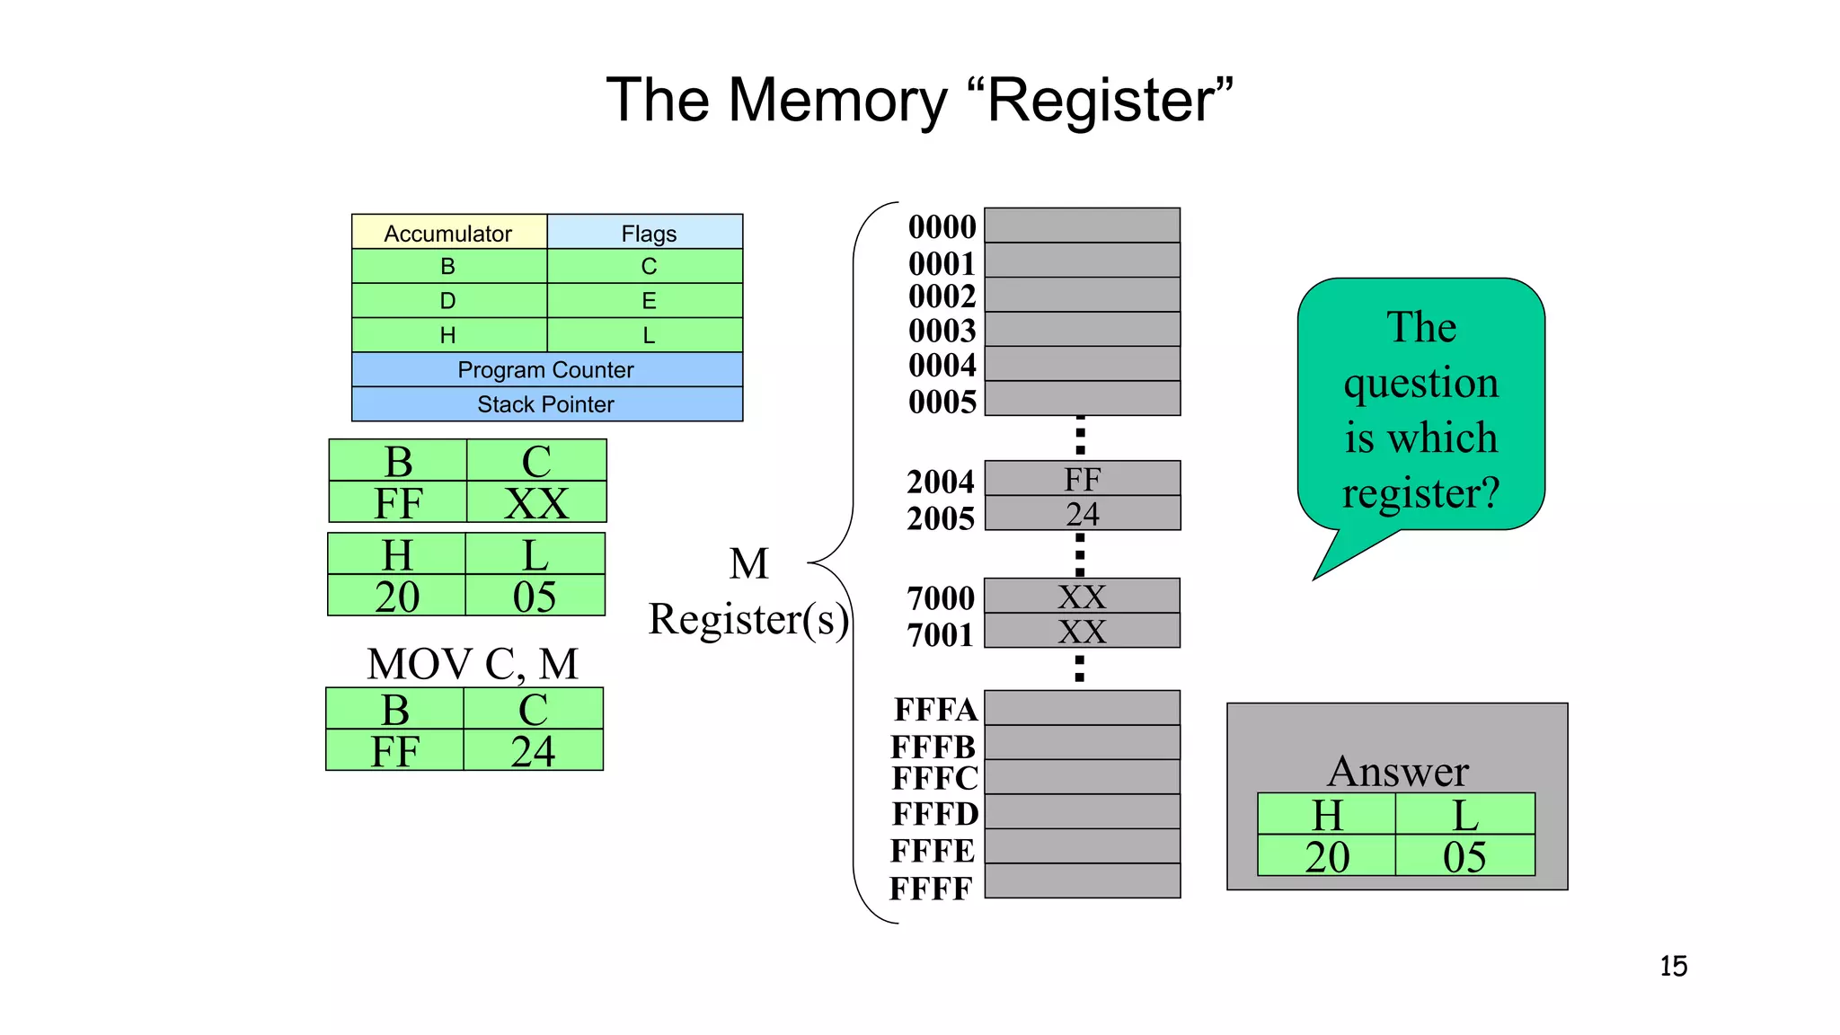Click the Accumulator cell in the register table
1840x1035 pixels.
[448, 233]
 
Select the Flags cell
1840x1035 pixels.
[648, 233]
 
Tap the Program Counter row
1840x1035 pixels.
[546, 369]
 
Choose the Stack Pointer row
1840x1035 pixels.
[546, 404]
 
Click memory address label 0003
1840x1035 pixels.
[942, 331]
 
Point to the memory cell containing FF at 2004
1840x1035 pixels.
[1082, 479]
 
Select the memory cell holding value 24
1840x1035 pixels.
[1082, 514]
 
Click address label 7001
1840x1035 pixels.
[940, 634]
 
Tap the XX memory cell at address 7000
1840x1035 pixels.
[1082, 597]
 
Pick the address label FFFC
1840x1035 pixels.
[934, 778]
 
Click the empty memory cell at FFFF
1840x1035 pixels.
[1082, 881]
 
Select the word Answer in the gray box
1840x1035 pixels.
[1397, 771]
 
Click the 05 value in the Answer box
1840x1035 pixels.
[1464, 857]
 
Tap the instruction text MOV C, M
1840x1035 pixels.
[473, 665]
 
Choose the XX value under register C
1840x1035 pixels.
[536, 503]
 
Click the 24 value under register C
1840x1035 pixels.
[533, 751]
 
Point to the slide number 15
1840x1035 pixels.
[1673, 966]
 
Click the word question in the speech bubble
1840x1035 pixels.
[1420, 383]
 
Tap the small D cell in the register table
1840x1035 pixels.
[448, 301]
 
